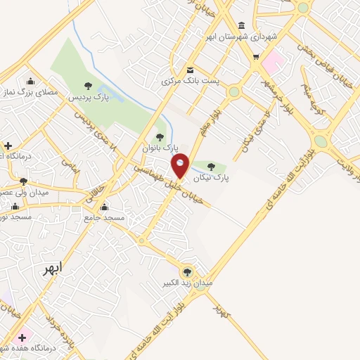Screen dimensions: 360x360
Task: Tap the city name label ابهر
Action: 51,268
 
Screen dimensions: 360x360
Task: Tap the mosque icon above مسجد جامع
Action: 104,207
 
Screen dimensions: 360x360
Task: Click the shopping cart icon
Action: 256,56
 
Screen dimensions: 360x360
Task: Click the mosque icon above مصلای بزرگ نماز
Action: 30,80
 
